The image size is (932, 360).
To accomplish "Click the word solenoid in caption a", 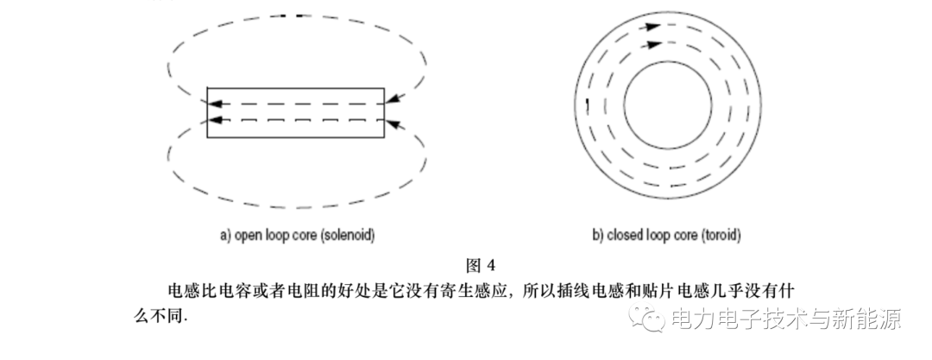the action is [x=348, y=236].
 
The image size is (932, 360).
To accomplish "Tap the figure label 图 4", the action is [x=481, y=265].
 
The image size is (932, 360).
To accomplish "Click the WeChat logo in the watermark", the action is [x=646, y=316].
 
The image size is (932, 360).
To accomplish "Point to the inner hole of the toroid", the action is [x=667, y=106].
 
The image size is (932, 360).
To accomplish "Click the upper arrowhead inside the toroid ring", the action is [x=652, y=26].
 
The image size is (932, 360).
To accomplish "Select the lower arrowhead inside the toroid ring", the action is [x=654, y=44].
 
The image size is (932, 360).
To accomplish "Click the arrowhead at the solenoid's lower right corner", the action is [x=397, y=125].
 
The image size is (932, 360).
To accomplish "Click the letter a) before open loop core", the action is [x=225, y=236].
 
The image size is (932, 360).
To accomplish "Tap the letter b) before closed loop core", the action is [x=598, y=236].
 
